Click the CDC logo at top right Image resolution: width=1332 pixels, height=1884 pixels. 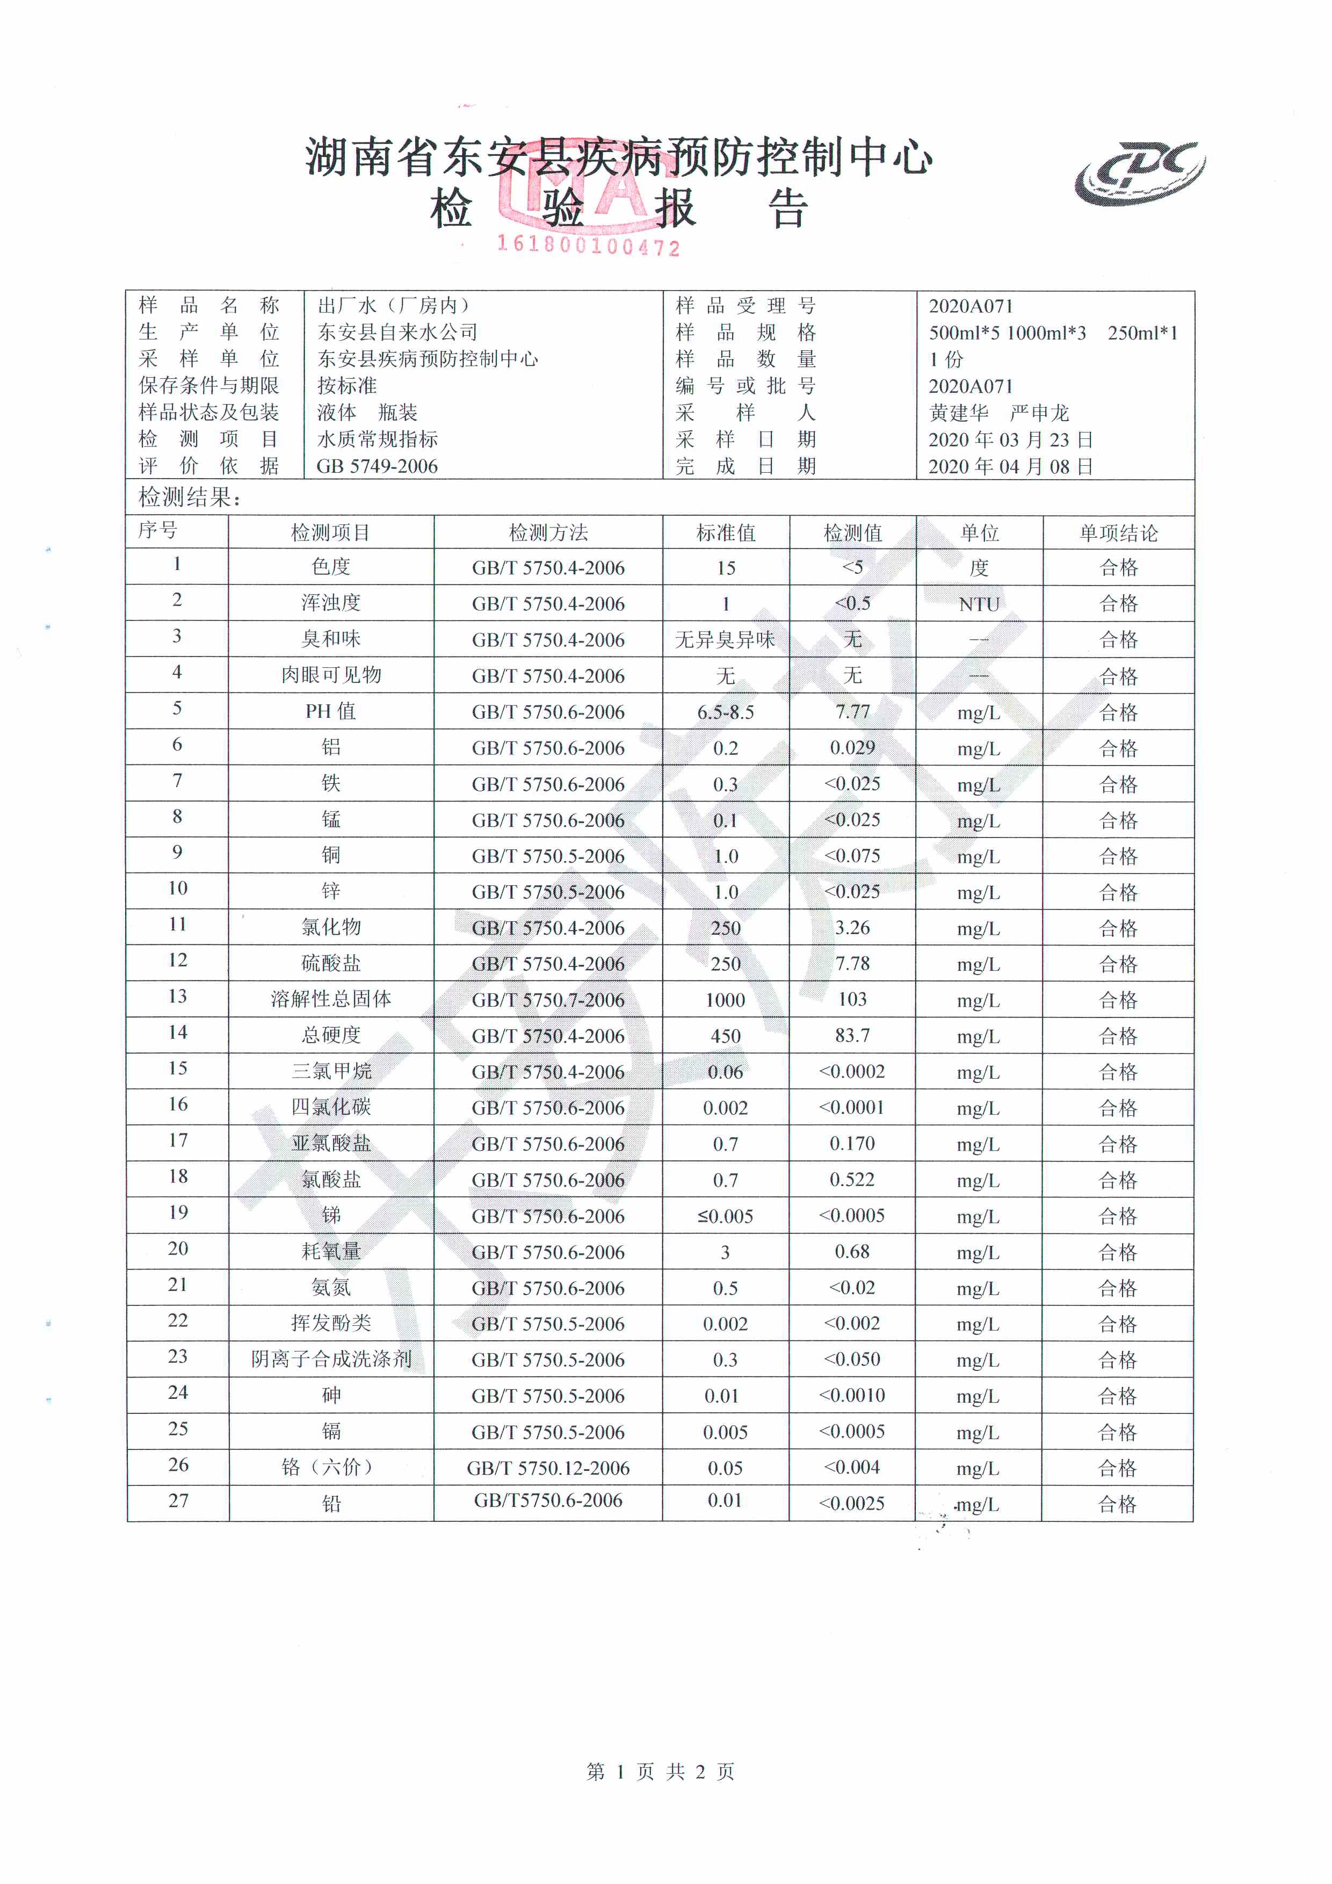pos(1140,173)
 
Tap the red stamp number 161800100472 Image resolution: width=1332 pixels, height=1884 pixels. pos(588,246)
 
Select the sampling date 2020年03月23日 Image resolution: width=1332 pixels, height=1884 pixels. pos(1010,440)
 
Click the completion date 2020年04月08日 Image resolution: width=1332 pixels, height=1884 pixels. pos(1010,467)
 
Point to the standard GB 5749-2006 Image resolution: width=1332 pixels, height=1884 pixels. pos(377,467)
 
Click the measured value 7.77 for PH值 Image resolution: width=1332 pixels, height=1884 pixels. pos(852,711)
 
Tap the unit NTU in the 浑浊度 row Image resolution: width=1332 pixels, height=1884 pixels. pos(979,604)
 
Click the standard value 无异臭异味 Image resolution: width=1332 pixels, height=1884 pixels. pos(725,640)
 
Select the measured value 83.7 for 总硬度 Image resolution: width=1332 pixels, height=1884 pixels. pos(852,1036)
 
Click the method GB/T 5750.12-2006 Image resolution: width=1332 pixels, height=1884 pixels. pos(548,1468)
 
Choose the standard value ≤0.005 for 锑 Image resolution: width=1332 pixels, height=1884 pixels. pos(725,1216)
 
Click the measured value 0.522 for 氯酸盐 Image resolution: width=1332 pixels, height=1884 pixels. pos(852,1179)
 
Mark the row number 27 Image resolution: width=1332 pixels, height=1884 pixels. pos(178,1501)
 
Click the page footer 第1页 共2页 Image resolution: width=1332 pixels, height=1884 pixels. pos(660,1772)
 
